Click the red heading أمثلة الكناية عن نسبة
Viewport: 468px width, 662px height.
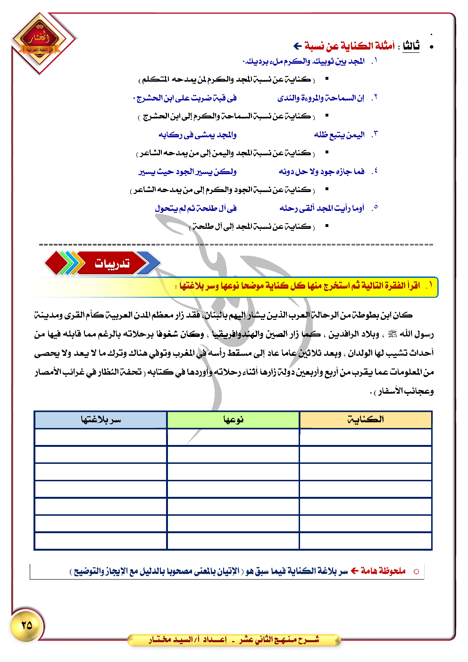click(x=349, y=46)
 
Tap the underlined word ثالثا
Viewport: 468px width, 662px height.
click(x=411, y=46)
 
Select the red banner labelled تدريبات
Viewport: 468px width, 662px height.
click(x=112, y=263)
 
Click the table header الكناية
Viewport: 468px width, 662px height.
click(x=366, y=419)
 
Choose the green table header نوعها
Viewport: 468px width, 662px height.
click(x=233, y=419)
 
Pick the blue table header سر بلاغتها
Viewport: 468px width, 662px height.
click(x=100, y=419)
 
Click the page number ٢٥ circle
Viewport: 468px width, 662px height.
click(x=27, y=625)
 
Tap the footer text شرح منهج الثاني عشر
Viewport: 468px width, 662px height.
click(x=279, y=640)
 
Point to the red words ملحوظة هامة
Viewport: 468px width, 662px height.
click(x=383, y=571)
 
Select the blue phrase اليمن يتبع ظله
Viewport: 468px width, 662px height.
click(x=339, y=135)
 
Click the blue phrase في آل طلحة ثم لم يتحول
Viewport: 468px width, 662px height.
click(x=196, y=208)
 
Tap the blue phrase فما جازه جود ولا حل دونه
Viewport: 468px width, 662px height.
click(x=321, y=171)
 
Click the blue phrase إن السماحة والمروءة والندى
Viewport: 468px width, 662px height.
click(x=321, y=98)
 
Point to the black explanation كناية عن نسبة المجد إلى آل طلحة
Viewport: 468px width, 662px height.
click(x=252, y=227)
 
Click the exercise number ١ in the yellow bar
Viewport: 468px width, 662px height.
click(x=429, y=286)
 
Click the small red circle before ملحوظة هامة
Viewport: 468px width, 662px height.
click(x=416, y=571)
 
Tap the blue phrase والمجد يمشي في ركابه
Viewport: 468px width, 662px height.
click(x=197, y=135)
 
